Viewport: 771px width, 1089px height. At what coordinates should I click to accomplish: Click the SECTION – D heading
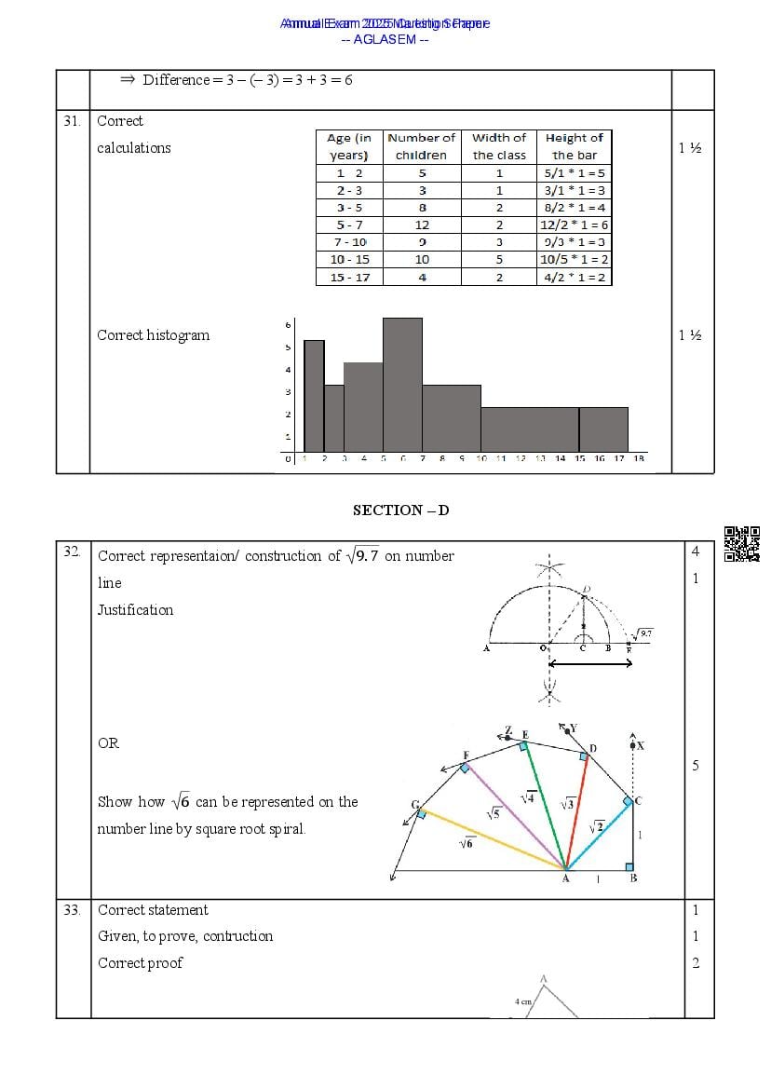click(x=400, y=510)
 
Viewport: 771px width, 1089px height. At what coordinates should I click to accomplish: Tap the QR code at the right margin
click(x=742, y=544)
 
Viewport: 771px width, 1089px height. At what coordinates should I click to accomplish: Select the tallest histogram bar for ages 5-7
click(x=402, y=385)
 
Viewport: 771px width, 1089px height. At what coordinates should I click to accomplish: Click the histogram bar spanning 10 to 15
click(x=530, y=429)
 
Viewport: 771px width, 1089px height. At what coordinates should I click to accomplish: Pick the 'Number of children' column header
click(x=422, y=146)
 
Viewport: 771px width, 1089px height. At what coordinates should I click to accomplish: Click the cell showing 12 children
click(x=422, y=225)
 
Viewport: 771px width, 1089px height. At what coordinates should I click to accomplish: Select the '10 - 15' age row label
click(x=349, y=260)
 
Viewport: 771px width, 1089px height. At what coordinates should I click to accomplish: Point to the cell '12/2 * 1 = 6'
click(x=574, y=225)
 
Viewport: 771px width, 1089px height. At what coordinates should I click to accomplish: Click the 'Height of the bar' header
click(x=574, y=146)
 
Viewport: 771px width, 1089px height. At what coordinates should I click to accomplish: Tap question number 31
click(x=72, y=120)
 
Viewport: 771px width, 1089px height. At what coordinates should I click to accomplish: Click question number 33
click(x=72, y=910)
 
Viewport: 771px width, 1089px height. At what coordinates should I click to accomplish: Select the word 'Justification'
click(x=136, y=610)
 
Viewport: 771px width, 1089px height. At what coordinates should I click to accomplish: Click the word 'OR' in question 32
click(x=108, y=743)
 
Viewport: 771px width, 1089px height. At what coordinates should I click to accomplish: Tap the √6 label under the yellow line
click(x=466, y=844)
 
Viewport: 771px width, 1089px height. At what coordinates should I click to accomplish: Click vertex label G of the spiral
click(x=415, y=804)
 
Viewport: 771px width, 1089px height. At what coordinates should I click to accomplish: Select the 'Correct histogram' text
click(x=154, y=335)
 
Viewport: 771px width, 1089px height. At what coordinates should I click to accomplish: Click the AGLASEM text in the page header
click(x=385, y=39)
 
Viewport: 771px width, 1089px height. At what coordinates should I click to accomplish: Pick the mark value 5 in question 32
click(x=695, y=766)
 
